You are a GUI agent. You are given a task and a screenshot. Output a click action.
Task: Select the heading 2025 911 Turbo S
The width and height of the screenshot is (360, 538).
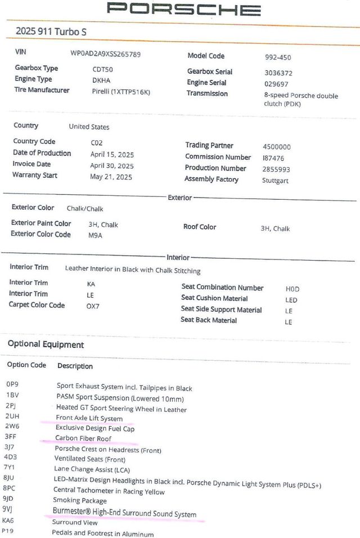point(51,32)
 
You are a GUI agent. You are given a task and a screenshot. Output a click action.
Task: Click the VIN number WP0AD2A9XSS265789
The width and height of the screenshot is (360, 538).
point(105,54)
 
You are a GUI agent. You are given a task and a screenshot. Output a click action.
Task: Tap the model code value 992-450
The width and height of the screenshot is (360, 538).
point(278,57)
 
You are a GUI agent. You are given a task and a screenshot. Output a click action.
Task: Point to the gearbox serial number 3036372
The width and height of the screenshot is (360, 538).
point(278,73)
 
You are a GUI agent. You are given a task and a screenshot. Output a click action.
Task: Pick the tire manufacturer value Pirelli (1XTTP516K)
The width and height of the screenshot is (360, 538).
point(121,91)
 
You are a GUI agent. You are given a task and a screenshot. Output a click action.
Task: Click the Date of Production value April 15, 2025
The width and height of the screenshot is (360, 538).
point(112,154)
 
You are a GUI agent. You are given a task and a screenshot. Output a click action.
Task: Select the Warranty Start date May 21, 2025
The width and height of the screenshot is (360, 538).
point(111,176)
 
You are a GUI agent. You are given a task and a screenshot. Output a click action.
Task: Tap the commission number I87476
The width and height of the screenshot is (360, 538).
point(273,158)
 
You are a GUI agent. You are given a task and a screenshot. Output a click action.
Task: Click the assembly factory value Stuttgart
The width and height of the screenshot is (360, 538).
point(276,181)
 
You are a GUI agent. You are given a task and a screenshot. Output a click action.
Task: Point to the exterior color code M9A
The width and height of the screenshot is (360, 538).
point(95,235)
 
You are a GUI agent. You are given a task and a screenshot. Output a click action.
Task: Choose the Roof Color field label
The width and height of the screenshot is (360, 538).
point(200,227)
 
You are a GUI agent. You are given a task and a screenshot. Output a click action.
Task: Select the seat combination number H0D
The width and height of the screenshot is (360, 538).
point(292,289)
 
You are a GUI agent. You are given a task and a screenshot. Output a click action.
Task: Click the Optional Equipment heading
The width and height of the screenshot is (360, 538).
point(46,344)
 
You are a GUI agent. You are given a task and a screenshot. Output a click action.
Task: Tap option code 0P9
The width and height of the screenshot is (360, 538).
point(12,383)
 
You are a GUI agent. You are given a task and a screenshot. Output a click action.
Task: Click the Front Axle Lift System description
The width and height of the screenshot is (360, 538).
point(89,418)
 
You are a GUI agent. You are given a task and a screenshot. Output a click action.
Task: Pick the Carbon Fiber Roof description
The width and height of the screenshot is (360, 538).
point(83,438)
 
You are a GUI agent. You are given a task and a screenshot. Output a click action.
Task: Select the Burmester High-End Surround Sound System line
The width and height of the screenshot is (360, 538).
point(124,514)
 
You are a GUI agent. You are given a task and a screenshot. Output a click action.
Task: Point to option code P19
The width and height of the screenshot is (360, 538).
point(8,531)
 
